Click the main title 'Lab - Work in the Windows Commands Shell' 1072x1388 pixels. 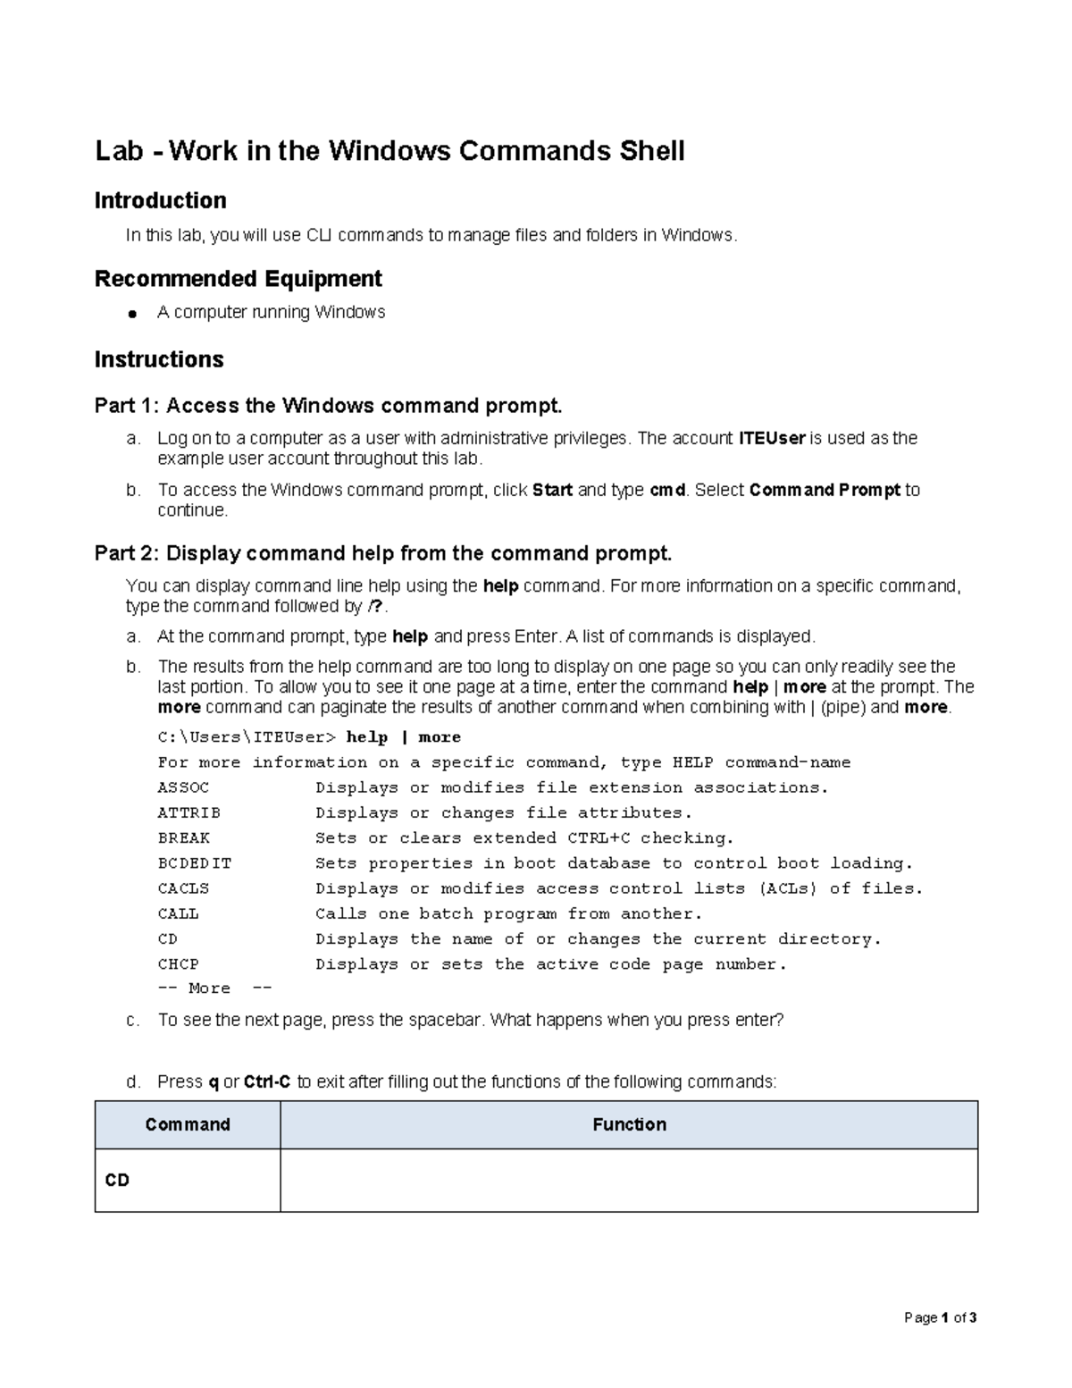pos(389,151)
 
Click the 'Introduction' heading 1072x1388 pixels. pos(160,200)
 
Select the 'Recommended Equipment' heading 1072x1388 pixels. pos(238,279)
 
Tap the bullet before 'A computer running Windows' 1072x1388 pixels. pos(131,314)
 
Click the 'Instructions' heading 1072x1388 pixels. pos(159,359)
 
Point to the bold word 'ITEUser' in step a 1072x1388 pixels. pos(772,438)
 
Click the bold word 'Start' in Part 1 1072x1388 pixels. pos(552,490)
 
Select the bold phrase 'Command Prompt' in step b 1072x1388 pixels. pos(825,490)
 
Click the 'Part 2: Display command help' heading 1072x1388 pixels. pos(382,553)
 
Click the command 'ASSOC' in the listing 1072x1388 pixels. pos(183,787)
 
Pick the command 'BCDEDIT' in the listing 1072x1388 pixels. pos(194,863)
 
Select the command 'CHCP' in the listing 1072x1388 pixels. pos(178,964)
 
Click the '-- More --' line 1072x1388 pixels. pos(214,988)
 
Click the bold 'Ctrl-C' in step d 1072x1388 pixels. pos(267,1081)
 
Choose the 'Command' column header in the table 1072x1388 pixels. pos(188,1124)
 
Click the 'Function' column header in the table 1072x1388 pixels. pos(629,1124)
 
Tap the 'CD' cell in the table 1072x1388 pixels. pos(117,1181)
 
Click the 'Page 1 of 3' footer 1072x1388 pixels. pos(940,1317)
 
